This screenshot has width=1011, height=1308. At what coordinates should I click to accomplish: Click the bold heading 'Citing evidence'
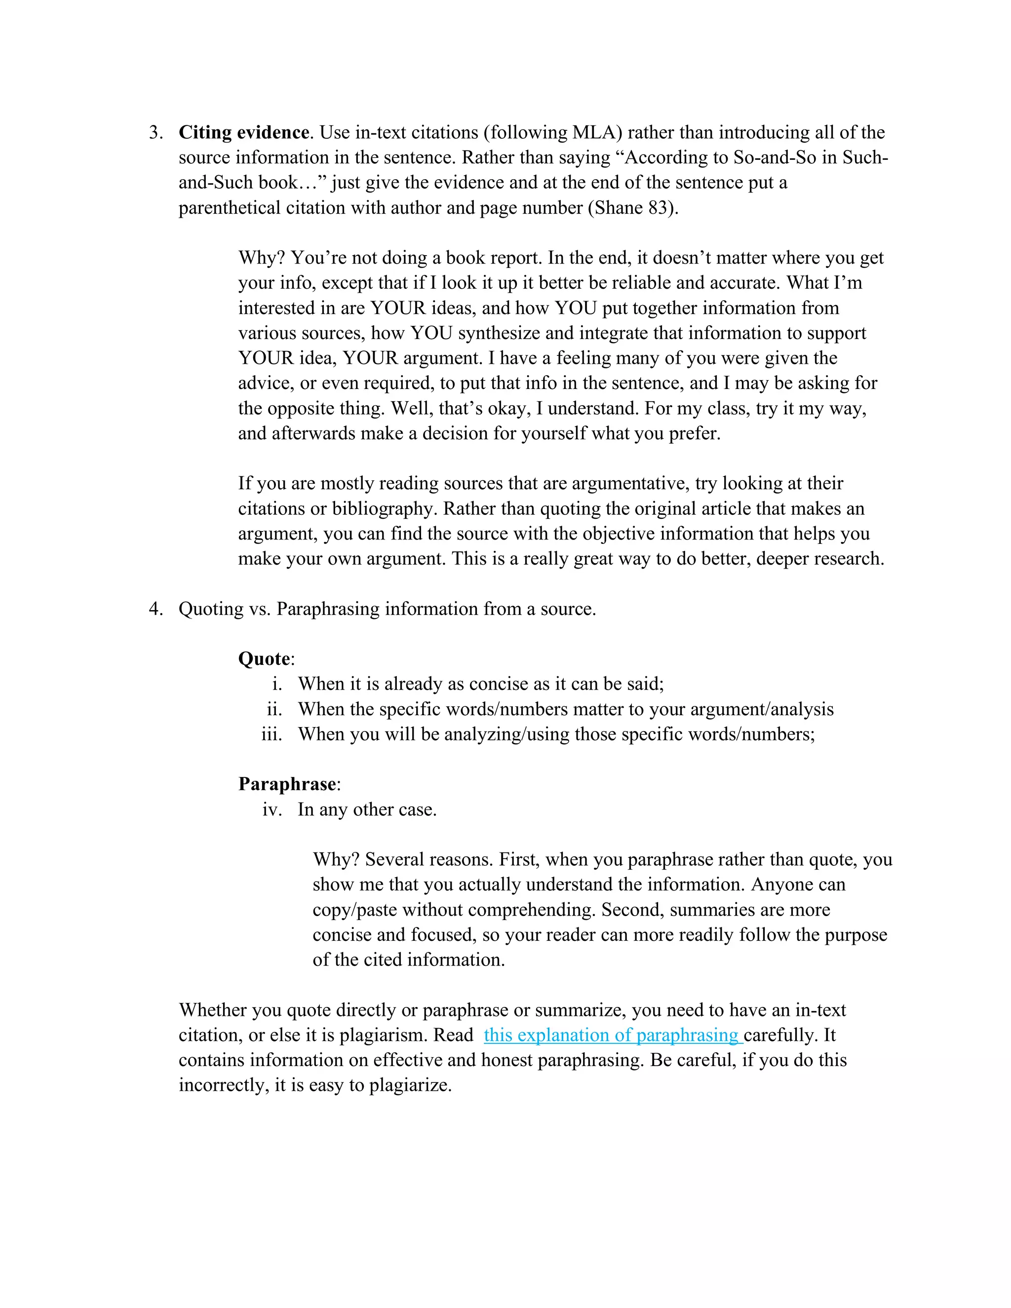244,132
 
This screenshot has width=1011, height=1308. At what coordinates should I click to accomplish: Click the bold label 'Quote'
264,659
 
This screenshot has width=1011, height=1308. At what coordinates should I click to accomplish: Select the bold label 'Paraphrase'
287,784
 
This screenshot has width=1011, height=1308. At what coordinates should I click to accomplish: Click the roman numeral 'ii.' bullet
274,709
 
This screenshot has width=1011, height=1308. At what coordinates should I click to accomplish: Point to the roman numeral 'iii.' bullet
272,734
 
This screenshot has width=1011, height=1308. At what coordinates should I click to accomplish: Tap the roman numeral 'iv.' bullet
272,809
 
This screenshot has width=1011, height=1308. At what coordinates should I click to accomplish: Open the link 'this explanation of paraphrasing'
611,1035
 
